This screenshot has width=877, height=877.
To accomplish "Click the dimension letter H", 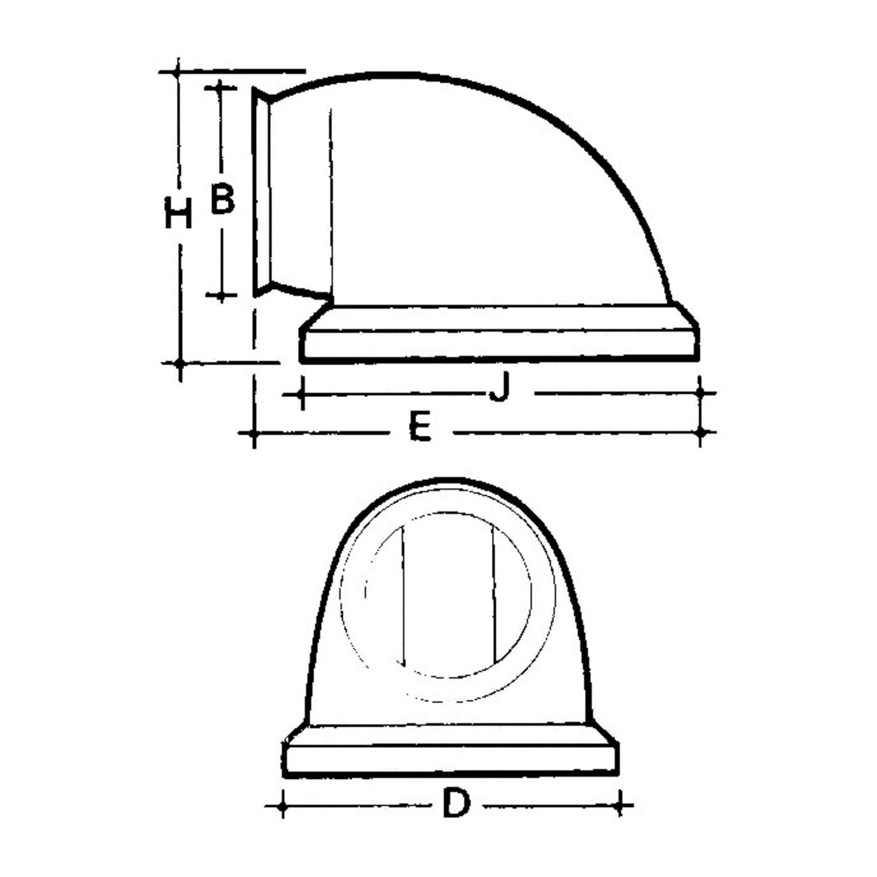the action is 179,213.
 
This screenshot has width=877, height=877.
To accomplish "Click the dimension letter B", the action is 222,198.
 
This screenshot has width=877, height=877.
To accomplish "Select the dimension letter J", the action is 499,386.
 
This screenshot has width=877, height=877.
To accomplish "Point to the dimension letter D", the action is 456,803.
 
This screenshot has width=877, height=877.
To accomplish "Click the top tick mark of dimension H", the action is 177,72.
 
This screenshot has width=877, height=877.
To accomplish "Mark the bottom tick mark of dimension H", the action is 179,364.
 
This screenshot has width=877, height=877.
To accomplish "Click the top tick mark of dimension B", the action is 220,87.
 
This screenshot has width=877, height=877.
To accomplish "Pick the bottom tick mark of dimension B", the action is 222,294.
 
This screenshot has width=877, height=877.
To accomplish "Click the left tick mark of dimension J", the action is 301,395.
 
